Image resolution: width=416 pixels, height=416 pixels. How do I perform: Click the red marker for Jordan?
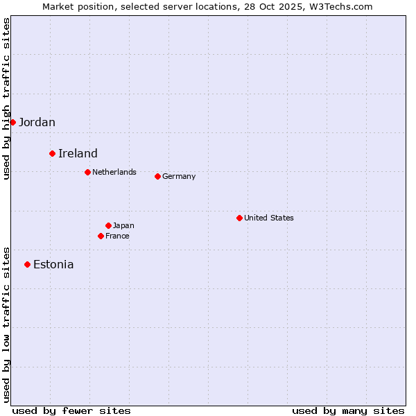pos(12,122)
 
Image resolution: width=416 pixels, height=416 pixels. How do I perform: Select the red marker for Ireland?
pos(52,153)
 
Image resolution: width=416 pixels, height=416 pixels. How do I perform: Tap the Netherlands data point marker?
pos(87,172)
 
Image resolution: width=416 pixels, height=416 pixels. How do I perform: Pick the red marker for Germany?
pos(157,176)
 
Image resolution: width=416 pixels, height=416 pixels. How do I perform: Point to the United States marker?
pos(239,218)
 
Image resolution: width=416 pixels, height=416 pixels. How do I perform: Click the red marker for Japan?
pos(108,225)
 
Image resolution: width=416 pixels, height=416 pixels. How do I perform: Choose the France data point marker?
pos(101,236)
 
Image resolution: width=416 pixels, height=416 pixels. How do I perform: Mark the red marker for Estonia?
pos(27,264)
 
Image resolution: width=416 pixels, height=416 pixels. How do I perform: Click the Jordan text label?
pos(37,123)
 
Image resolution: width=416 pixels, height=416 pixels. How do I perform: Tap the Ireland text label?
pos(78,154)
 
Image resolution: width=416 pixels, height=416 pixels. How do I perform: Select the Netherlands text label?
pos(114,172)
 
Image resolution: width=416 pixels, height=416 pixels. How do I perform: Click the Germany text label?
pos(179,176)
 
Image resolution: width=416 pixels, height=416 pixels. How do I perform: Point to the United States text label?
pos(269,218)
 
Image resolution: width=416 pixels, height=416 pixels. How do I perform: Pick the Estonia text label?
pos(53,265)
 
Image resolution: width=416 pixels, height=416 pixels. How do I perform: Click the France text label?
pos(117,236)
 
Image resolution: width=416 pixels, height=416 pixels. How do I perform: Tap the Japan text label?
pos(123,225)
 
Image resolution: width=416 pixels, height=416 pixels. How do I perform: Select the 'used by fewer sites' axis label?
pos(71,410)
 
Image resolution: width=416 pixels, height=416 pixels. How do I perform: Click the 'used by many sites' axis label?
pos(348,410)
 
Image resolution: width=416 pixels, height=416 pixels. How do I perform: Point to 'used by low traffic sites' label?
pos(7,324)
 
